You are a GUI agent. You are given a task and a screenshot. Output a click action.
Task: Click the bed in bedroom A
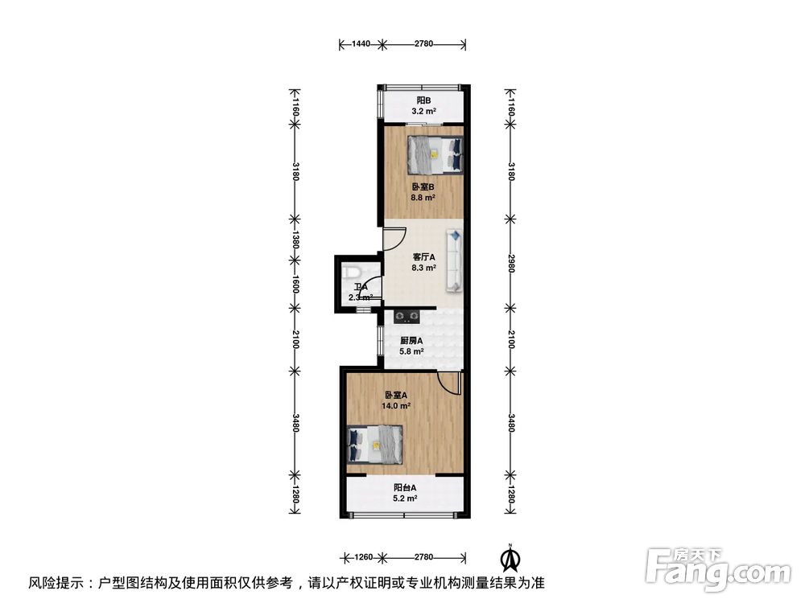[375, 445]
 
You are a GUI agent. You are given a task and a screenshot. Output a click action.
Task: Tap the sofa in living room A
[455, 260]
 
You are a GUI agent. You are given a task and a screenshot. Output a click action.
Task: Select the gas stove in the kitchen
[407, 315]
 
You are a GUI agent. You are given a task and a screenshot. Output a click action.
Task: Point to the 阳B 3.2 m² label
[423, 107]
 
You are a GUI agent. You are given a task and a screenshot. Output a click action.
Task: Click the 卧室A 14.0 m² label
[397, 400]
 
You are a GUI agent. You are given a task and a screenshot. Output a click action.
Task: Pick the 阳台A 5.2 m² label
[405, 493]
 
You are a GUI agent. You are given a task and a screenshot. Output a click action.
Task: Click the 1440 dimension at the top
[360, 43]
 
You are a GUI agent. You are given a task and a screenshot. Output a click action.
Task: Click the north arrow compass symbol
[509, 556]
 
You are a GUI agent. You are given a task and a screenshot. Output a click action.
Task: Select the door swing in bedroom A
[448, 383]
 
